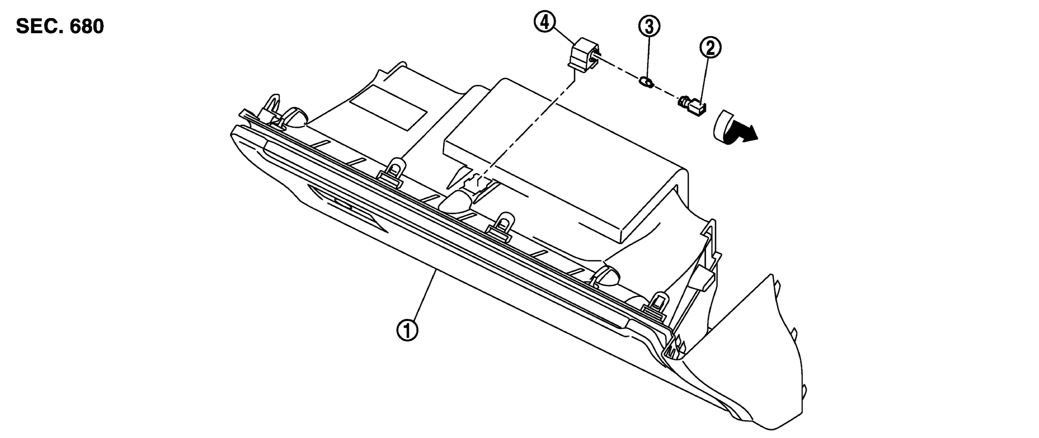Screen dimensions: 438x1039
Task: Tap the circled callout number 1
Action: click(406, 331)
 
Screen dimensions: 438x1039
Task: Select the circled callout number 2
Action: click(710, 47)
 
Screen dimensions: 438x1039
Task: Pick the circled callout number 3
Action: click(649, 27)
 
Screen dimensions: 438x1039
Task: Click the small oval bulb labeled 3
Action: click(646, 82)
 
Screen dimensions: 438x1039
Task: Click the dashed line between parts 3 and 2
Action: click(666, 93)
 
